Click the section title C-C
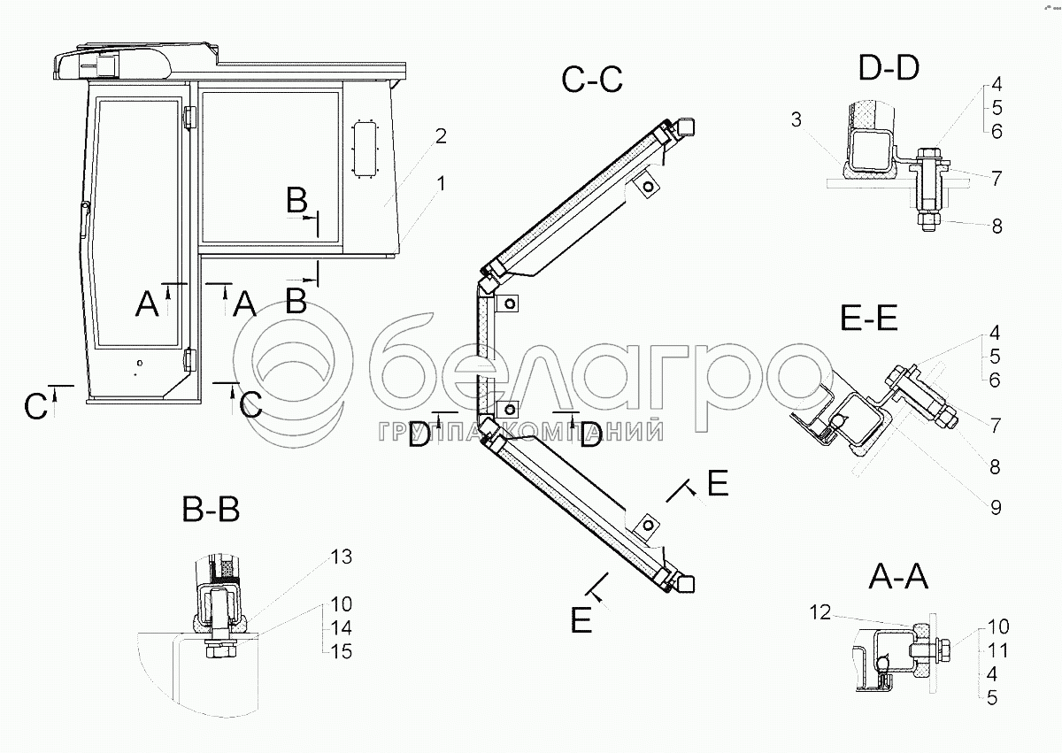pyautogui.click(x=592, y=80)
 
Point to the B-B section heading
pyautogui.click(x=210, y=510)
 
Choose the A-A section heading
pyautogui.click(x=897, y=579)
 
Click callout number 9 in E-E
pyautogui.click(x=996, y=507)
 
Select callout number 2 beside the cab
pyautogui.click(x=440, y=136)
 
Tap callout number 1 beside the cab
pyautogui.click(x=440, y=183)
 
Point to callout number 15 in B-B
pyautogui.click(x=341, y=652)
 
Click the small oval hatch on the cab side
pyautogui.click(x=365, y=148)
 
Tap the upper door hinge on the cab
pyautogui.click(x=189, y=117)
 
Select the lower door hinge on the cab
pyautogui.click(x=189, y=359)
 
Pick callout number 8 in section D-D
pyautogui.click(x=997, y=226)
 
